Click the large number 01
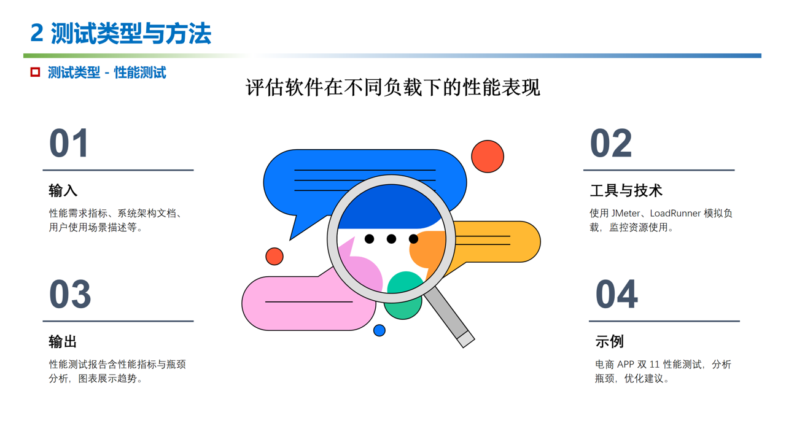(68, 143)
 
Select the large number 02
(611, 143)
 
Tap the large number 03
(70, 294)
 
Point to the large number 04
(617, 294)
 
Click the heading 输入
(63, 191)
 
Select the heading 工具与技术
(626, 191)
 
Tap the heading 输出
(63, 342)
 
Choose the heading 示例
(610, 342)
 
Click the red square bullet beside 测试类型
(35, 72)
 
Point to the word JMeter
(625, 213)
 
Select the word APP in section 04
(625, 365)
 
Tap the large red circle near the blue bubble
(488, 157)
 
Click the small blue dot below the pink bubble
(379, 330)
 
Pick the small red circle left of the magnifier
(274, 257)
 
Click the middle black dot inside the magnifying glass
(391, 239)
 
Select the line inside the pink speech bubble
(309, 301)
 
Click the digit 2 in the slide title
(37, 33)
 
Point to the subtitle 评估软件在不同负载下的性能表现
(392, 87)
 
